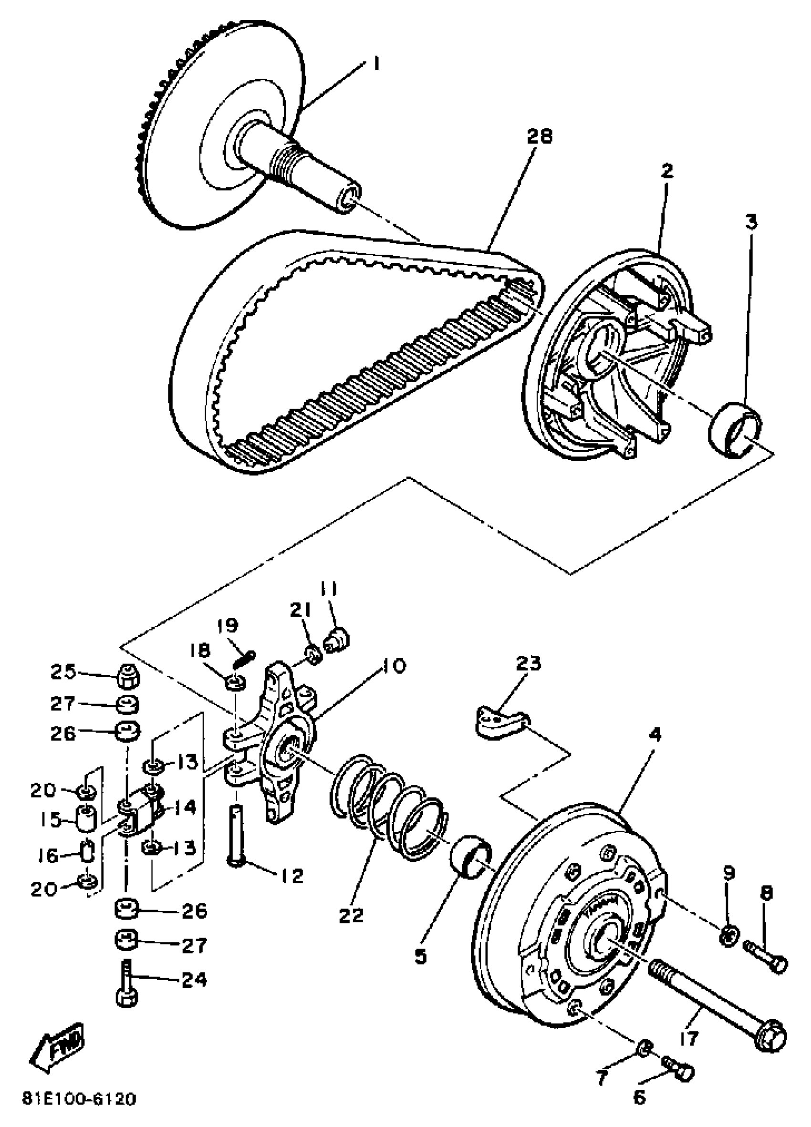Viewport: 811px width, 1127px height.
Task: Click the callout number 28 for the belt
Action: (539, 135)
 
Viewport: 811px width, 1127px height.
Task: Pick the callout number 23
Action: (528, 663)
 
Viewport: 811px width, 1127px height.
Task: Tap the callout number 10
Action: (392, 665)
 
